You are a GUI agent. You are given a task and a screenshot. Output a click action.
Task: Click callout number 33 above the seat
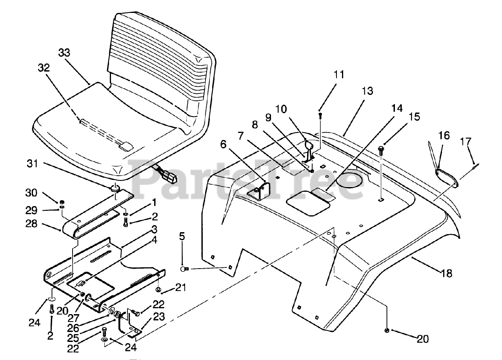64,53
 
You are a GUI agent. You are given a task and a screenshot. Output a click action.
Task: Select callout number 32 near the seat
44,67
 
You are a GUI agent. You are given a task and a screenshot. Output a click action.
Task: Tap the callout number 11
339,75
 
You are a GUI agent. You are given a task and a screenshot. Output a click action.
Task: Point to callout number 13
367,91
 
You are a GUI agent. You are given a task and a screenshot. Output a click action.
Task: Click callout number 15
415,117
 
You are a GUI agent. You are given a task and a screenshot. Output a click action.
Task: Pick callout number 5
182,236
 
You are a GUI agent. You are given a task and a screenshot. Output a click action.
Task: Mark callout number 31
33,164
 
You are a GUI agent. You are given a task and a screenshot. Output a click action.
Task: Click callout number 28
31,224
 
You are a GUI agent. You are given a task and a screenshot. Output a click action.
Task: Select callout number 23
159,317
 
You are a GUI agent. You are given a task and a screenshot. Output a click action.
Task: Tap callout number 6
223,145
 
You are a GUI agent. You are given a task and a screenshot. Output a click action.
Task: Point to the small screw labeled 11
320,116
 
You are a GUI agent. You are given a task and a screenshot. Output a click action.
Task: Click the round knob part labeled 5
184,269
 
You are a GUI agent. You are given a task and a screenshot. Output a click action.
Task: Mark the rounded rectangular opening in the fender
308,203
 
